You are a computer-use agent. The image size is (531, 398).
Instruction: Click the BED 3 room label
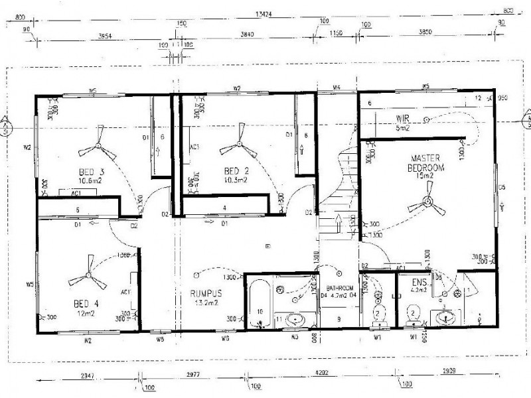(91, 171)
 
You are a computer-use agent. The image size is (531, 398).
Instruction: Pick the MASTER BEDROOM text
(427, 163)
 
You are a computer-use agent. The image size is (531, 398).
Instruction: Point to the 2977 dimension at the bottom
(193, 374)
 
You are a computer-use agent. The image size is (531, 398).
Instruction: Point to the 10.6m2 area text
(91, 180)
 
